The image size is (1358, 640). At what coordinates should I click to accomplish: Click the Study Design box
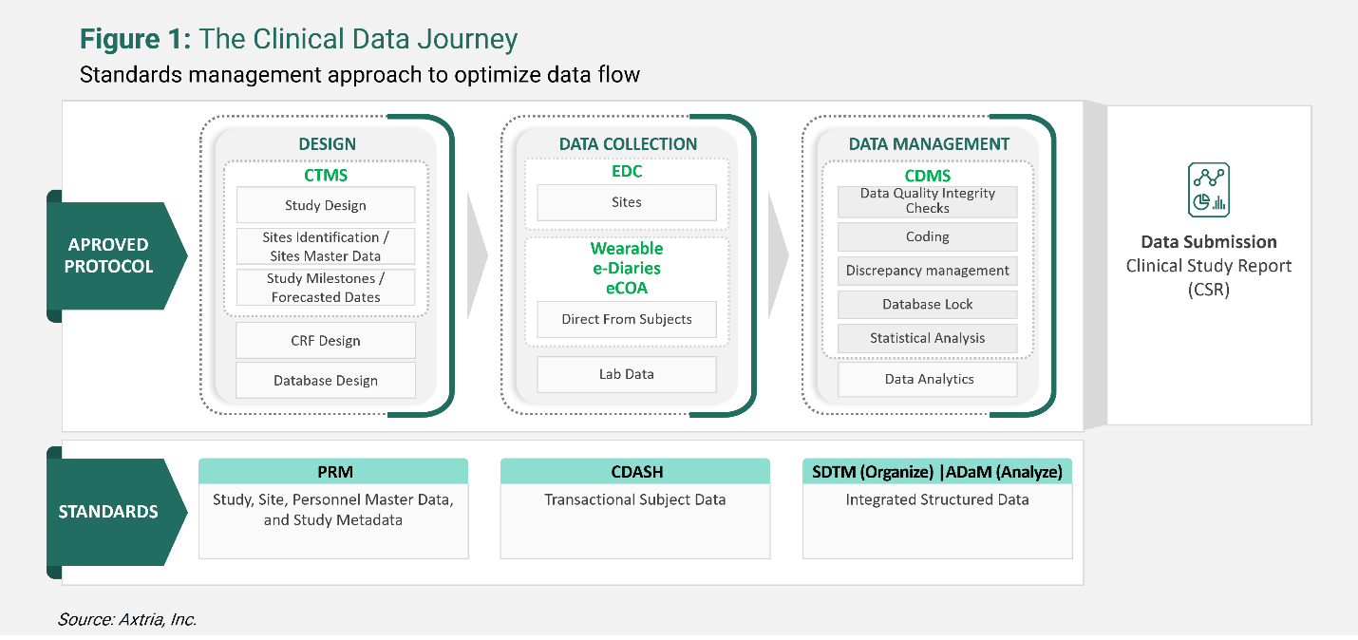(x=325, y=205)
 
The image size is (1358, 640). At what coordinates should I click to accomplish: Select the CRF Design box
(x=325, y=341)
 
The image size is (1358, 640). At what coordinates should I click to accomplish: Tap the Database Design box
(x=325, y=380)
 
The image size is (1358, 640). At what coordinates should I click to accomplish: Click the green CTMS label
(x=325, y=175)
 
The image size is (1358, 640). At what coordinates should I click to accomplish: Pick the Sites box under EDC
(x=626, y=202)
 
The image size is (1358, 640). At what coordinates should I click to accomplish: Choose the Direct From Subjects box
(x=626, y=319)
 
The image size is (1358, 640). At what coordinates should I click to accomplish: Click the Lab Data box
(x=626, y=374)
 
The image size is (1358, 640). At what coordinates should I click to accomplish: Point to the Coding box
(x=927, y=236)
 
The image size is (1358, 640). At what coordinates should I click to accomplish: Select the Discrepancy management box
(x=927, y=271)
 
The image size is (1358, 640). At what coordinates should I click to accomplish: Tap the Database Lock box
(x=927, y=305)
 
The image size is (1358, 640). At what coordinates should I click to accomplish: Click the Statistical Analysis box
(x=927, y=338)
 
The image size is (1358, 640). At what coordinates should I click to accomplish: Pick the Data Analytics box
(x=927, y=379)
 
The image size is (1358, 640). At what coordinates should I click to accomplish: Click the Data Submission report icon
(x=1208, y=190)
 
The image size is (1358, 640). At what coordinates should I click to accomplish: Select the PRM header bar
(x=333, y=472)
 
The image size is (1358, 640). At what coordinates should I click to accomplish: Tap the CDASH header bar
(x=635, y=472)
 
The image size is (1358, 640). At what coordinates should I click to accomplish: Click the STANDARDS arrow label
(x=108, y=511)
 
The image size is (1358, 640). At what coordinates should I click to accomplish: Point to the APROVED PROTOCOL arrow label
(x=108, y=255)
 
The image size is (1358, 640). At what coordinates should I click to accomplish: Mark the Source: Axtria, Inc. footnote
(x=127, y=619)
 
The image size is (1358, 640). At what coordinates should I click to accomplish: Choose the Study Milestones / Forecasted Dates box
(x=325, y=288)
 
